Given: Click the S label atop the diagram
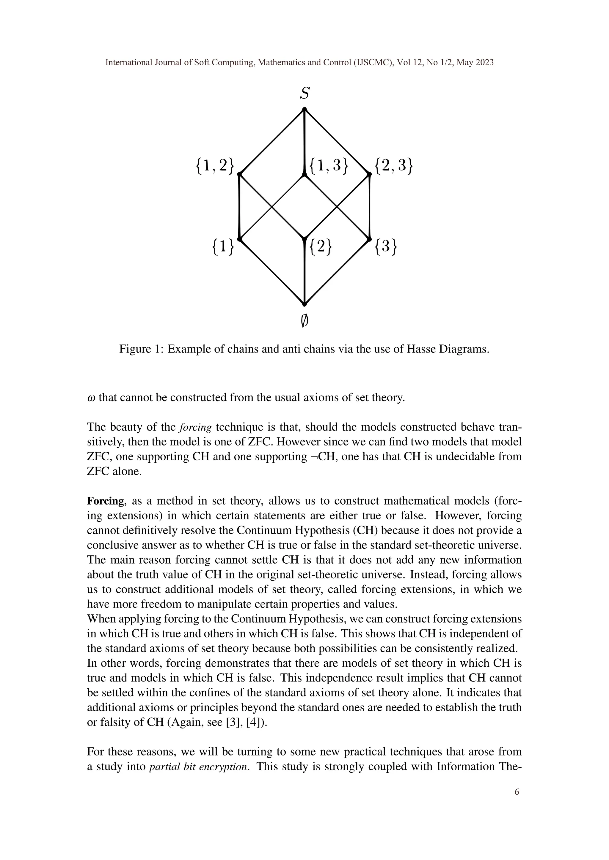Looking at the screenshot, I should [304, 93].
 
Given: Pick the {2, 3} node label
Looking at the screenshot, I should [394, 166].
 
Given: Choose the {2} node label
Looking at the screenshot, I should [321, 247].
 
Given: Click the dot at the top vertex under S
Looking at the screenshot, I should [304, 109].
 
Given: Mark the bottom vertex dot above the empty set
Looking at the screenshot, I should [304, 304].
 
